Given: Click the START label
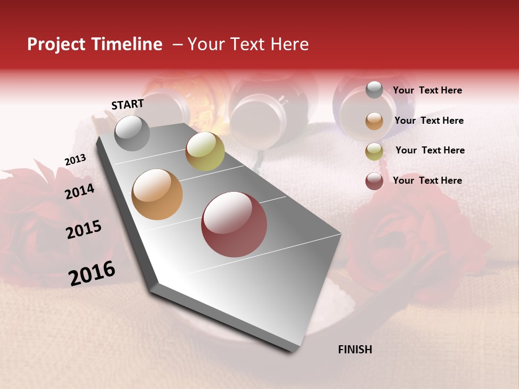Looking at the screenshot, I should pyautogui.click(x=128, y=104).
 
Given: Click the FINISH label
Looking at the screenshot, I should pyautogui.click(x=355, y=350).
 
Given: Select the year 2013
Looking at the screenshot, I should pyautogui.click(x=75, y=160).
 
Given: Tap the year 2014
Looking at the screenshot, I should pyautogui.click(x=79, y=191).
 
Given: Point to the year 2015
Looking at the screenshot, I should pyautogui.click(x=84, y=230).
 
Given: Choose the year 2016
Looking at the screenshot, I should pyautogui.click(x=92, y=273).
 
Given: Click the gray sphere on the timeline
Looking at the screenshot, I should pyautogui.click(x=132, y=133).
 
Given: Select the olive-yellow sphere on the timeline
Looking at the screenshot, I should pyautogui.click(x=205, y=151).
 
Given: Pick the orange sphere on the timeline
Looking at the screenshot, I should pyautogui.click(x=157, y=194).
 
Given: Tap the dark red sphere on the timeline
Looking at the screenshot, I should pyautogui.click(x=234, y=224).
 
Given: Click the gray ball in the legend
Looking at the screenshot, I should pyautogui.click(x=374, y=90).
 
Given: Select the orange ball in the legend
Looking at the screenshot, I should pyautogui.click(x=374, y=121).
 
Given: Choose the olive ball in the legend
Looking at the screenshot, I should pyautogui.click(x=374, y=151).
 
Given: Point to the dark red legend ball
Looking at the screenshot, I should pyautogui.click(x=374, y=181).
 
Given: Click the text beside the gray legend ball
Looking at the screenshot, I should pyautogui.click(x=427, y=91).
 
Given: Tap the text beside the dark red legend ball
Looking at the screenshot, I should pyautogui.click(x=427, y=180).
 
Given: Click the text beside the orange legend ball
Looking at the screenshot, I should pyautogui.click(x=429, y=120).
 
